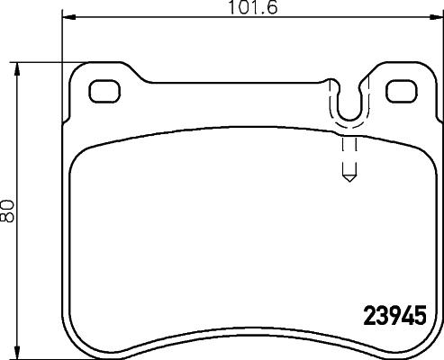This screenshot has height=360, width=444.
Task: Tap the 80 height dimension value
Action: pyautogui.click(x=9, y=211)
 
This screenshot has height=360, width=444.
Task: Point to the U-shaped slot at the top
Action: pyautogui.click(x=349, y=103)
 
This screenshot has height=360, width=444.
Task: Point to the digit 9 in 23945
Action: pyautogui.click(x=391, y=317)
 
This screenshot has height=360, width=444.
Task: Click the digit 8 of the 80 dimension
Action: pyautogui.click(x=9, y=218)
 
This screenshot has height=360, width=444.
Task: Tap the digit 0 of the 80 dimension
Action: pyautogui.click(x=9, y=205)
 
